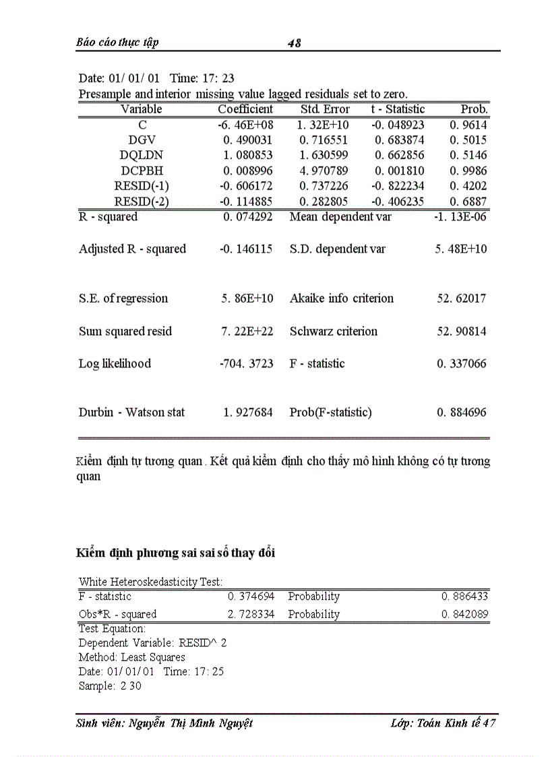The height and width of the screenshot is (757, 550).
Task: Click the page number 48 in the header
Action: [294, 43]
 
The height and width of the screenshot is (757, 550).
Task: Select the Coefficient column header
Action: [245, 109]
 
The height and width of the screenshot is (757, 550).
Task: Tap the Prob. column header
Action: [474, 109]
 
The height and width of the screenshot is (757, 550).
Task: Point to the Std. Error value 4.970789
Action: [325, 171]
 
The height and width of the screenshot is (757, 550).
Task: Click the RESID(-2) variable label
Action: [141, 202]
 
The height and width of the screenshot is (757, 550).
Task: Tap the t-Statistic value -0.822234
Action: [398, 187]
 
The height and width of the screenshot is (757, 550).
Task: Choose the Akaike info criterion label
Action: [342, 299]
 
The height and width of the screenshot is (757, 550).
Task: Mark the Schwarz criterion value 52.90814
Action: [462, 332]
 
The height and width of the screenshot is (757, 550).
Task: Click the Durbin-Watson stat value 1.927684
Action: [248, 413]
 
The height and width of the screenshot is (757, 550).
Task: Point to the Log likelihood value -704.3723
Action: [247, 364]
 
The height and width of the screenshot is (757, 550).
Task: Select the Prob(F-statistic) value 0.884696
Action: [462, 413]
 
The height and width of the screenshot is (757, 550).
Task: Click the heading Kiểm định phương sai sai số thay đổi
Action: [176, 553]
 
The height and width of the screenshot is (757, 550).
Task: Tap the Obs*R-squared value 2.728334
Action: [250, 614]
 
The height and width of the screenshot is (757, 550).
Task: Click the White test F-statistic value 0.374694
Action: [250, 597]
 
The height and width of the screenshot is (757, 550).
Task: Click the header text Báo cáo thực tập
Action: [117, 42]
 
